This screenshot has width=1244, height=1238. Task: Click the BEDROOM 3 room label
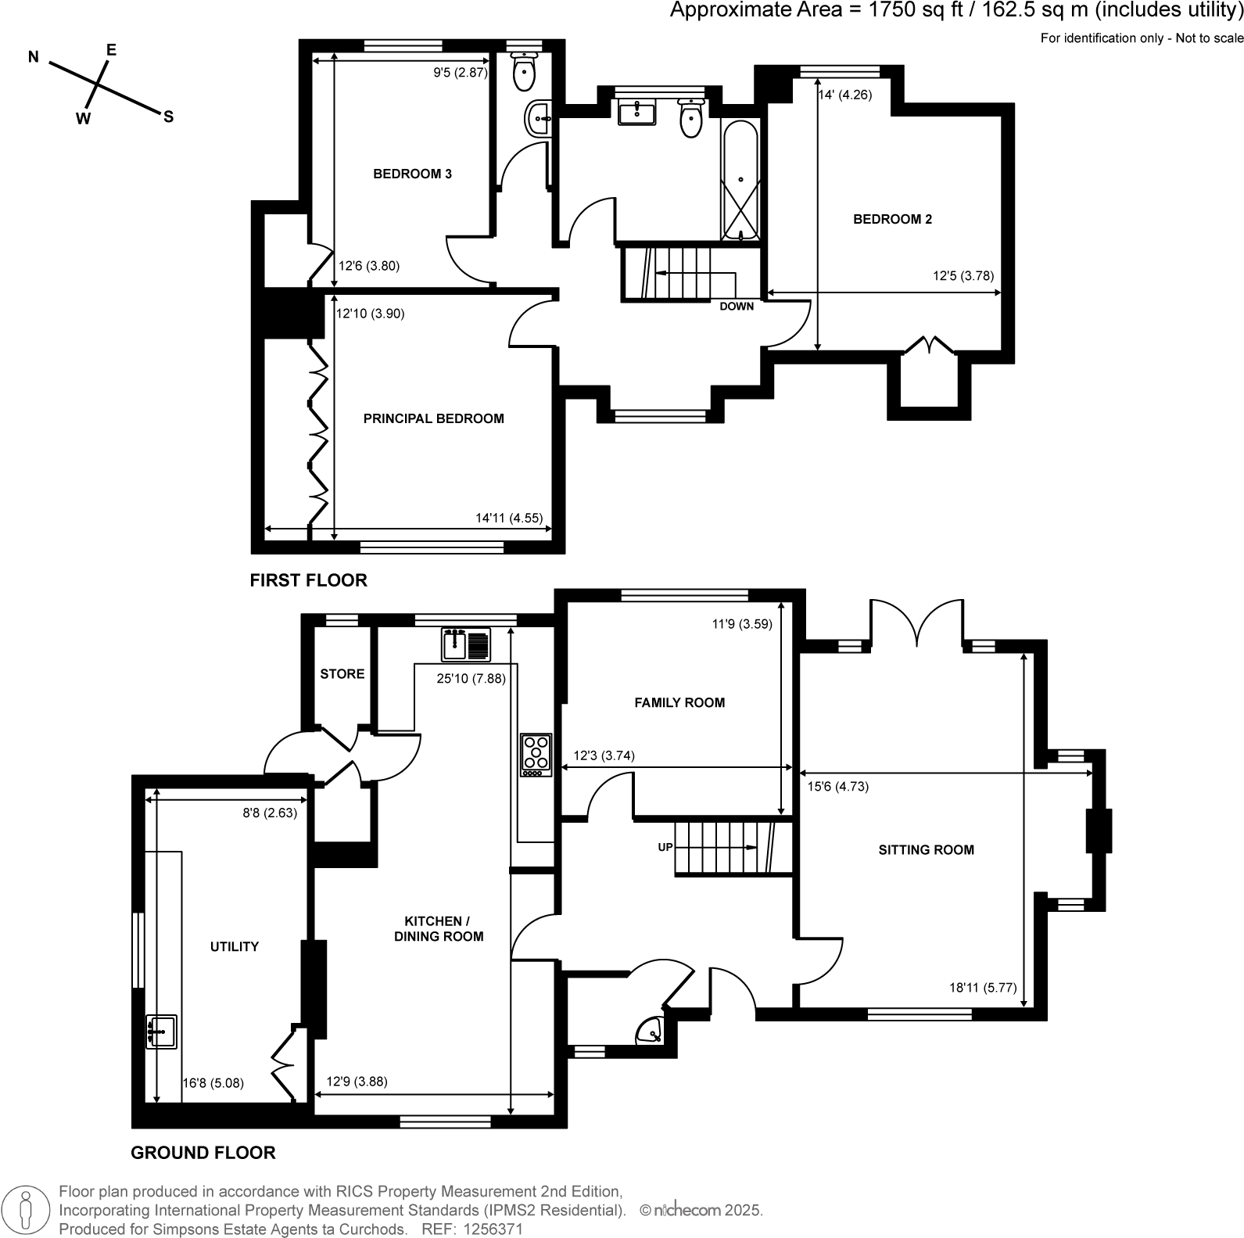(412, 174)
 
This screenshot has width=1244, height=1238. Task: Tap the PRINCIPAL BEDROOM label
(433, 418)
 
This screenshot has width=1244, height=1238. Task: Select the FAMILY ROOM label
(679, 702)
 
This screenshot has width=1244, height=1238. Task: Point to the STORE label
(342, 673)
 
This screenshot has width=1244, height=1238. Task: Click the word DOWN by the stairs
(736, 306)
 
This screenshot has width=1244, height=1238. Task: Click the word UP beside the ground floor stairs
(665, 847)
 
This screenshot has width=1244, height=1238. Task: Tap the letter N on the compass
(34, 56)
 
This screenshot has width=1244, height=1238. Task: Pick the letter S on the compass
(167, 117)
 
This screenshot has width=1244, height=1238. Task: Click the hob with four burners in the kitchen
(536, 755)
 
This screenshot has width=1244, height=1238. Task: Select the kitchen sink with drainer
(466, 644)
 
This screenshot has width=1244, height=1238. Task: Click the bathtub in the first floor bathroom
(740, 181)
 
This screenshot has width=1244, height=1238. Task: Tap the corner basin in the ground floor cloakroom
(651, 1031)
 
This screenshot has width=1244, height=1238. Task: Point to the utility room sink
(161, 1031)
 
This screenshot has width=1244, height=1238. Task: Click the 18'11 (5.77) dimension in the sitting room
(982, 987)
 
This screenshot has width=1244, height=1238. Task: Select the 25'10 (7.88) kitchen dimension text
(471, 679)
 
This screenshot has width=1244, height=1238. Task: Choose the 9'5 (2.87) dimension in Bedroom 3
(461, 73)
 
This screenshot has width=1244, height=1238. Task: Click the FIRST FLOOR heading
(308, 580)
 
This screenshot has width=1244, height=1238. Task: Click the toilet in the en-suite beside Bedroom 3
(523, 71)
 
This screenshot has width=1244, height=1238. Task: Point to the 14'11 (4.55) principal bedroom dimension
(508, 518)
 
